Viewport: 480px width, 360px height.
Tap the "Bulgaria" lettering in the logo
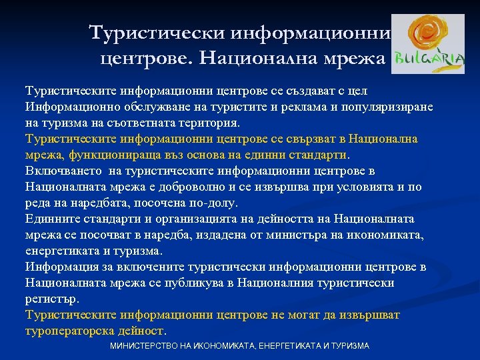pyautogui.click(x=429, y=60)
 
